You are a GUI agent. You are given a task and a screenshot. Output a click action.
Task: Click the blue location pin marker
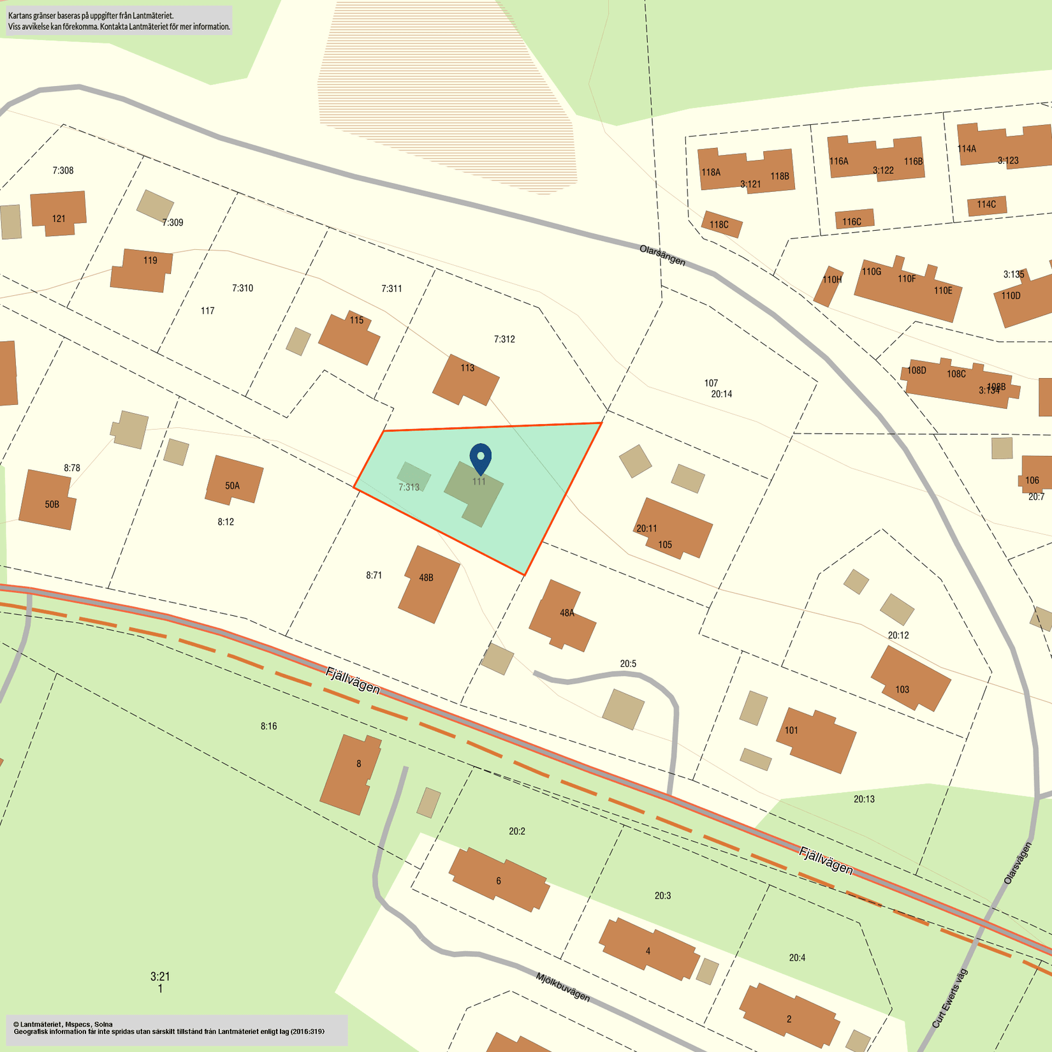(480, 458)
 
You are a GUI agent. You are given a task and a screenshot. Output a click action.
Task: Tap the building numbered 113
(466, 381)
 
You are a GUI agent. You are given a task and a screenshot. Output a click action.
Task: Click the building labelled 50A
(234, 480)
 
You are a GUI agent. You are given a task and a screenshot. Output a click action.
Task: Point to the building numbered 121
(58, 213)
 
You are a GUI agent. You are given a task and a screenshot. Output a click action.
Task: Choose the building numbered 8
(351, 773)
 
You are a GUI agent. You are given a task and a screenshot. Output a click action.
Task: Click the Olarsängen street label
(662, 256)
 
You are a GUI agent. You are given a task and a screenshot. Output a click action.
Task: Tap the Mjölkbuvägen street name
(562, 987)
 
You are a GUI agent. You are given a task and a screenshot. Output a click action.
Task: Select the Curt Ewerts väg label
(949, 998)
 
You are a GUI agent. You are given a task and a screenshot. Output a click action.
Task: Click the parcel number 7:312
(504, 339)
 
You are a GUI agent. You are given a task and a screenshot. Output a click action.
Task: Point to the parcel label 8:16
(268, 726)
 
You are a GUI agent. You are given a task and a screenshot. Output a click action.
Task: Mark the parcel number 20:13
(864, 799)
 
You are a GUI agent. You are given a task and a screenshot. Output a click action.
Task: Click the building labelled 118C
(721, 224)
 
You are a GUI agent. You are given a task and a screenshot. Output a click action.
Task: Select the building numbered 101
(816, 740)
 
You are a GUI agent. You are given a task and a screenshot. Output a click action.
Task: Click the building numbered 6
(499, 879)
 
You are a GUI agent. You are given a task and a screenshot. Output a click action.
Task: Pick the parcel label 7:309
(172, 223)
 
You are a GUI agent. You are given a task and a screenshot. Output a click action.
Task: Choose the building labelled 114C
(986, 205)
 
